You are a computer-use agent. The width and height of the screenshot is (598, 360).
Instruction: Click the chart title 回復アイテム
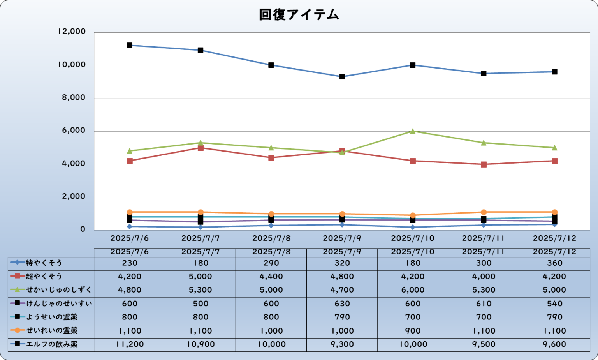point(299,15)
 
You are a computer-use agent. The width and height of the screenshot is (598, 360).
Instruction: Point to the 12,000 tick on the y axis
point(71,32)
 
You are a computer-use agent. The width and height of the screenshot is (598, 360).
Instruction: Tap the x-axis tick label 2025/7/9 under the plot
point(342,238)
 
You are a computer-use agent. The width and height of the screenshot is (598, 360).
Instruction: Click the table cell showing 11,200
point(130,344)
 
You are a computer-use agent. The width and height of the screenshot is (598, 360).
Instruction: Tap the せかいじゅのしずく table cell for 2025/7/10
point(413,290)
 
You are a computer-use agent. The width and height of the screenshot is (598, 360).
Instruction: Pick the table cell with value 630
point(342,304)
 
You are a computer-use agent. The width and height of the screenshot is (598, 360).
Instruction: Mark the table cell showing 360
point(554,263)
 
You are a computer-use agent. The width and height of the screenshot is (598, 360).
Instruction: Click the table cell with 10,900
point(201,344)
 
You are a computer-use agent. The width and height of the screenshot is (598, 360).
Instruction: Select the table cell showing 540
point(554,304)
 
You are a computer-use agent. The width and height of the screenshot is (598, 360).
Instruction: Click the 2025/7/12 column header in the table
point(554,252)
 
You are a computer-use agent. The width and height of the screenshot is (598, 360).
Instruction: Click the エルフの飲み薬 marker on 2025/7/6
point(130,45)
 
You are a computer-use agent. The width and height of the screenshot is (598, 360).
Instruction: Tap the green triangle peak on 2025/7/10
point(413,131)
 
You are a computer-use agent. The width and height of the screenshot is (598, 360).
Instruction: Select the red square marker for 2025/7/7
point(201,148)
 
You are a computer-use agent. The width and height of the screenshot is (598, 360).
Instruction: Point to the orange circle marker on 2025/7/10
point(413,215)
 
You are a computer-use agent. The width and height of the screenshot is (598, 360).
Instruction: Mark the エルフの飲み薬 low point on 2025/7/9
point(342,77)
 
